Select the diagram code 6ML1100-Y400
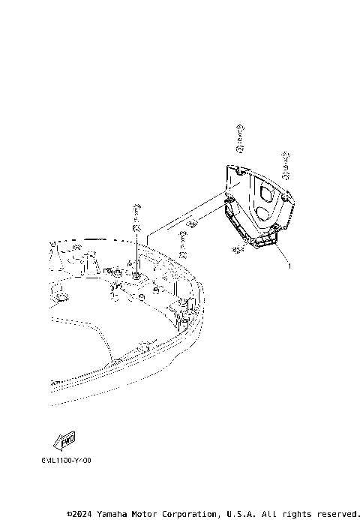66,461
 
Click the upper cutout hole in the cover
265,192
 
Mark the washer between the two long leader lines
191,222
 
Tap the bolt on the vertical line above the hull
136,210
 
